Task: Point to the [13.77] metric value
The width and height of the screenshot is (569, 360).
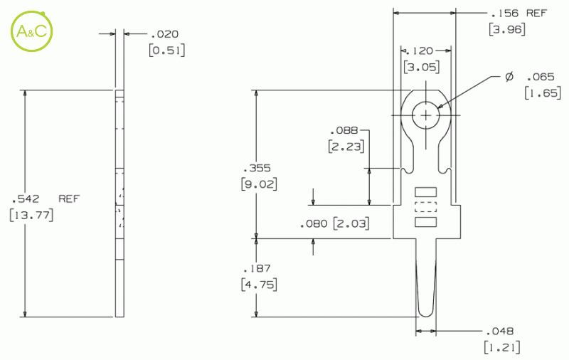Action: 31,215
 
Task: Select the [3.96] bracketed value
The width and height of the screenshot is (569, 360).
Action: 506,29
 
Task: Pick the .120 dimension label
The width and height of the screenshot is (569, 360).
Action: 420,51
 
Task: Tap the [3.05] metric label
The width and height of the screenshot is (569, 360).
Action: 421,68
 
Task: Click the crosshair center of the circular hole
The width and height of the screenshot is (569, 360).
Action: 425,115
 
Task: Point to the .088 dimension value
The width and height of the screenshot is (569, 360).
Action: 344,130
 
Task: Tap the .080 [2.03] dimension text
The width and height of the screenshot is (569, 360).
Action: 334,223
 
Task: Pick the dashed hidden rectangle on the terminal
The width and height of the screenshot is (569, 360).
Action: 425,207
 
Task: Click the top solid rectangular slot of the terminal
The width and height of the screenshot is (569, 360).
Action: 425,192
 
